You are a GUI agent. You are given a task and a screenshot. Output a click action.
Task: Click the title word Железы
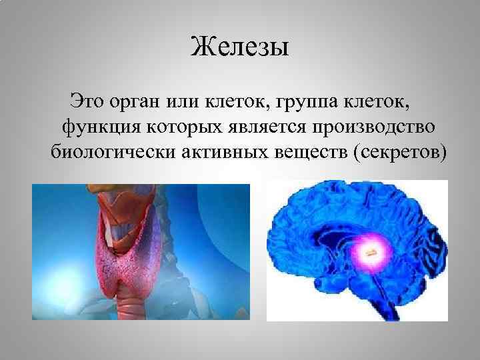pos(239,47)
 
